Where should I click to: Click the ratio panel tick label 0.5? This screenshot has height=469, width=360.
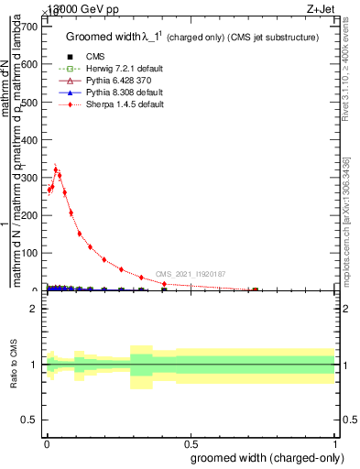click(x=30, y=420)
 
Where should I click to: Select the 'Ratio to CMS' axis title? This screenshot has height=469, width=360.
click(x=14, y=365)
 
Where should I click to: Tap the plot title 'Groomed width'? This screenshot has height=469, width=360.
click(x=101, y=38)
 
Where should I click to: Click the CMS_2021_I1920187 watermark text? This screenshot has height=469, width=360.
click(x=190, y=274)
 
